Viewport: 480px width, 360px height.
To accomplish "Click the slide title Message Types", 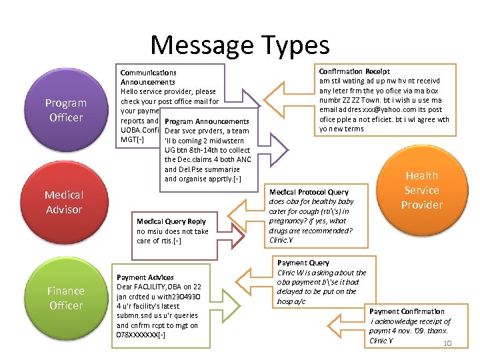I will [240, 45].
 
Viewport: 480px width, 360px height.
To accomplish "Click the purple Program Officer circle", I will [65, 110].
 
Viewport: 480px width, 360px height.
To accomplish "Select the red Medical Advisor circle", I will [64, 202].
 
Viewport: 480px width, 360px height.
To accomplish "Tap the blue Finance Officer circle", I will [65, 298].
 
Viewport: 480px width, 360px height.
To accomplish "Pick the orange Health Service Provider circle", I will [421, 190].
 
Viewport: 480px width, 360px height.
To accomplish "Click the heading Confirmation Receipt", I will [355, 71].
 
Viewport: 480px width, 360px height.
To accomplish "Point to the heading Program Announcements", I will [206, 122].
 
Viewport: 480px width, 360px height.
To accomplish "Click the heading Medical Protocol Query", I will [309, 192].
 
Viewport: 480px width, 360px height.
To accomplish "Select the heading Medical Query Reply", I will [171, 221].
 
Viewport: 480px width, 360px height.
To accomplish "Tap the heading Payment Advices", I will [145, 277].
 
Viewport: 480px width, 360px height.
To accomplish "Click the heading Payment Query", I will [303, 263].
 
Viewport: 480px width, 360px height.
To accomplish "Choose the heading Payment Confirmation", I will [407, 311].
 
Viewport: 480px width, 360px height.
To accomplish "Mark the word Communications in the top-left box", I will [148, 73].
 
